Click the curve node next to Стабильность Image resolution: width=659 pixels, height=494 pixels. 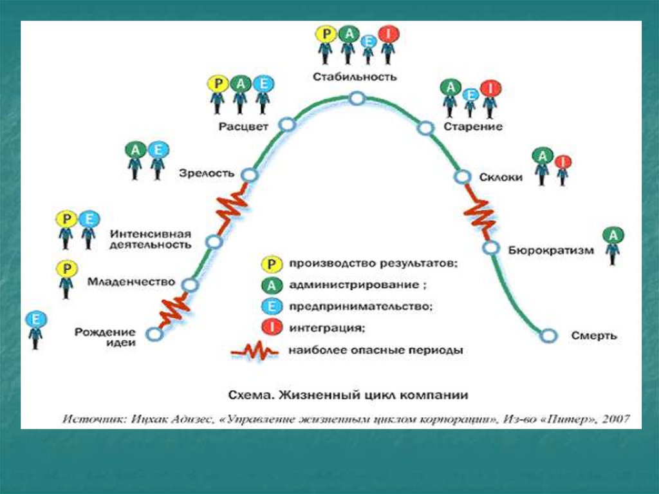(358, 99)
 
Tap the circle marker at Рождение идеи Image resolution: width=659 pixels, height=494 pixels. (154, 334)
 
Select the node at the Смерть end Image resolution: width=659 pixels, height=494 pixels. (548, 335)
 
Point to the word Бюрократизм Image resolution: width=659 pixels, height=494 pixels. (550, 251)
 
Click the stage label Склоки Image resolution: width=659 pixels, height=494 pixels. (501, 177)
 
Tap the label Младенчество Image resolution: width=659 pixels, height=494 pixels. (131, 282)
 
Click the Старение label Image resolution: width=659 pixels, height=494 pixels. (472, 126)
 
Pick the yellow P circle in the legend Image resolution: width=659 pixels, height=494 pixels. (272, 263)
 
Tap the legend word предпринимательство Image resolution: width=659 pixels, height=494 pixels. (360, 307)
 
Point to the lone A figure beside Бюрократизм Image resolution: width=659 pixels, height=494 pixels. (613, 245)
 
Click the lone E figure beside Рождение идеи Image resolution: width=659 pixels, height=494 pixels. (35, 329)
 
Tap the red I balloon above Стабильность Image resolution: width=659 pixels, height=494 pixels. (387, 33)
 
